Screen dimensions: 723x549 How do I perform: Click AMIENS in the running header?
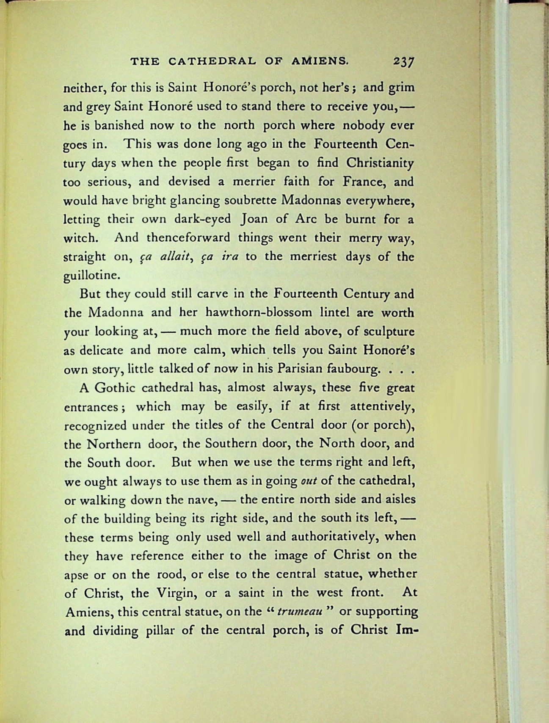pyautogui.click(x=320, y=61)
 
